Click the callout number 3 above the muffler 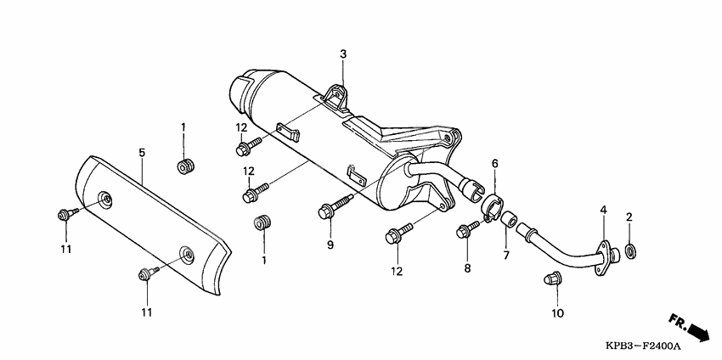[343, 54]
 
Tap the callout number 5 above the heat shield [142, 152]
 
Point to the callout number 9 [330, 245]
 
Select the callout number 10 [556, 313]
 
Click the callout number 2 [629, 217]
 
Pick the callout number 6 [494, 163]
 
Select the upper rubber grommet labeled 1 [184, 165]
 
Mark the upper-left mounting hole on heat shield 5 [106, 199]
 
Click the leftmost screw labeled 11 [65, 214]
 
